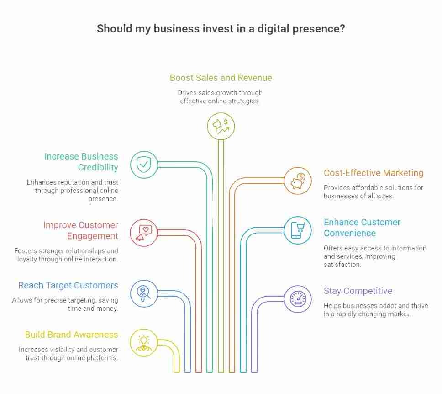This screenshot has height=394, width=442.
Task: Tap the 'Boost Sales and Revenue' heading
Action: click(x=221, y=78)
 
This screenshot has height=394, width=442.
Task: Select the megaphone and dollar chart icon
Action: click(x=221, y=126)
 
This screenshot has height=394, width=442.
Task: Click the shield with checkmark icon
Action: click(x=144, y=165)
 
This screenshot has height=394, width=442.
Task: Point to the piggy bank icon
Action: click(x=298, y=181)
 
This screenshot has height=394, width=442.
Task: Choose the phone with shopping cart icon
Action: click(x=298, y=230)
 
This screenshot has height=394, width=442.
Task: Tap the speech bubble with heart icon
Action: click(x=144, y=233)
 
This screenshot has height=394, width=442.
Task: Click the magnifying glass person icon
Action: click(x=144, y=293)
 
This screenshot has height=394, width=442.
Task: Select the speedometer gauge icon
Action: click(x=298, y=299)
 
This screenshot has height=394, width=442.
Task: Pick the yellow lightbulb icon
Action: click(x=144, y=343)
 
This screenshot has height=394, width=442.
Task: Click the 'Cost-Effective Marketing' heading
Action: click(x=374, y=173)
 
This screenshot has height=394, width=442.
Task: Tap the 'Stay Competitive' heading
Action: click(x=358, y=291)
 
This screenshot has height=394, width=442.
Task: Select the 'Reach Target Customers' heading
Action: click(x=68, y=285)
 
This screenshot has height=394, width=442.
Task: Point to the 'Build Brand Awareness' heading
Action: click(x=71, y=335)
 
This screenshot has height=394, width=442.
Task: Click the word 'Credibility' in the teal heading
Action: click(x=98, y=167)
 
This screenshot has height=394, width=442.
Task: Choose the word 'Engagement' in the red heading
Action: click(x=92, y=236)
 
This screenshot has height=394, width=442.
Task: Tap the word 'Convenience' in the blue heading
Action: click(x=350, y=233)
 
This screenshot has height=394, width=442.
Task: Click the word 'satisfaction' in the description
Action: click(x=342, y=265)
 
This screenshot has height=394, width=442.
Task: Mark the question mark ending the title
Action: click(x=342, y=28)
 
